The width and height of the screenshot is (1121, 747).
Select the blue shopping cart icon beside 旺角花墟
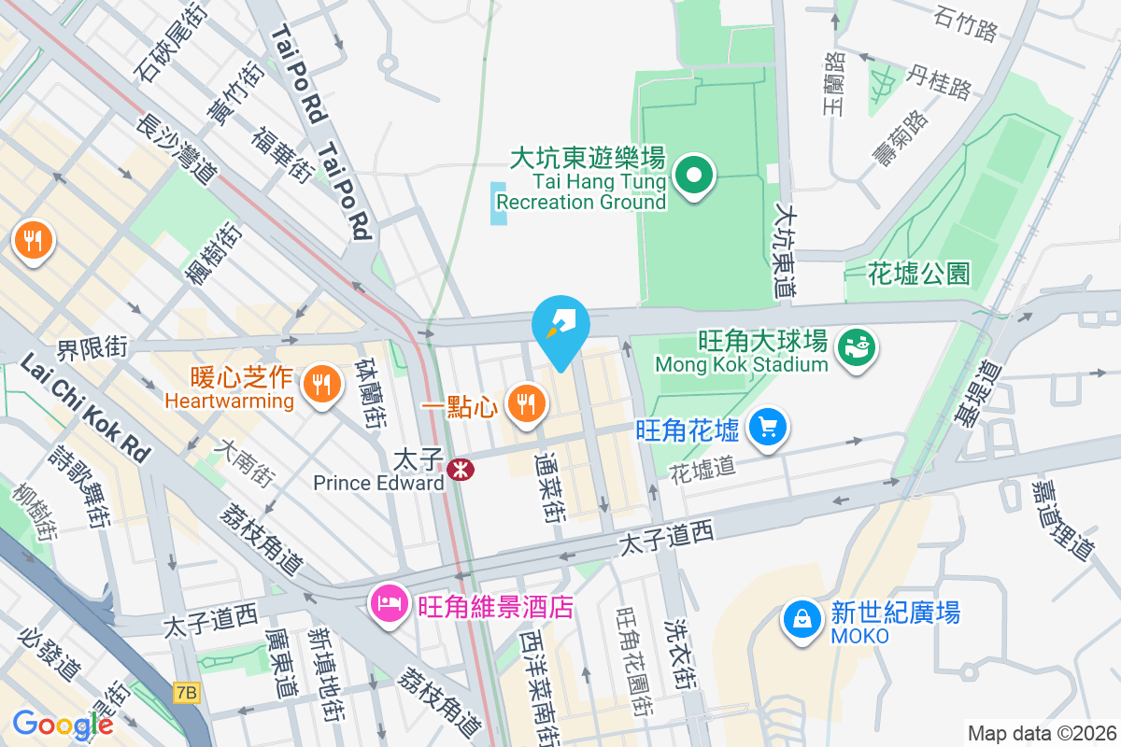[768, 428]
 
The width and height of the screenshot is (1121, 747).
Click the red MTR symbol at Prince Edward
[459, 469]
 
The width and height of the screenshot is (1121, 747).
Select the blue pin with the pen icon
[560, 327]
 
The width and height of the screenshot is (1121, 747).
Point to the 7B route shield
[187, 692]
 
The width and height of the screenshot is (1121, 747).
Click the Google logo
[63, 724]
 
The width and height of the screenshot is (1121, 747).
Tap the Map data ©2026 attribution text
[1041, 733]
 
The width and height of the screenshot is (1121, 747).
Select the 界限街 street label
[92, 349]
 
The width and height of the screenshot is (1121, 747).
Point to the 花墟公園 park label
[918, 274]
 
